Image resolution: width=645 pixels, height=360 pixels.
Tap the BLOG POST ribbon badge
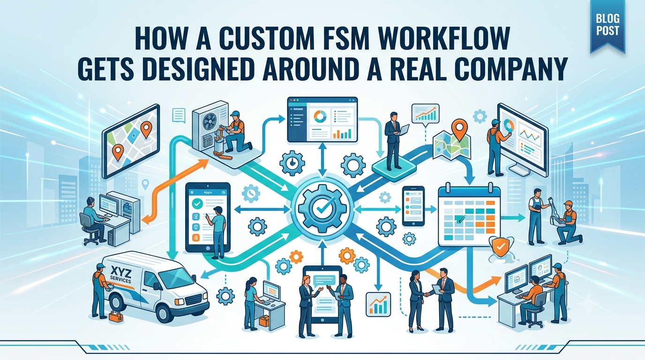[607, 25]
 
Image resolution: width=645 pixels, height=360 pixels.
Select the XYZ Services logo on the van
[120, 275]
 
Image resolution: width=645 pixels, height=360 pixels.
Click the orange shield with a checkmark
[501, 247]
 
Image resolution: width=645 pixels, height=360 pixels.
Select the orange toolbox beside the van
[116, 316]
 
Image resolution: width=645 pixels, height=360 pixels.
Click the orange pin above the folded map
[459, 129]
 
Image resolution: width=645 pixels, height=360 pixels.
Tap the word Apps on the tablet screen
[208, 192]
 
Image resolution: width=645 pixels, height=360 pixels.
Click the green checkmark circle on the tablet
[197, 203]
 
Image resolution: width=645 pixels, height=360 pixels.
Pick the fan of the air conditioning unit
[210, 121]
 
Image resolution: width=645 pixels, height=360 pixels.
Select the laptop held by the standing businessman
[404, 129]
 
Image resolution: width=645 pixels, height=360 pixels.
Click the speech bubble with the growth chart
[426, 115]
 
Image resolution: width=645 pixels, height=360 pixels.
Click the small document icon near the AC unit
[179, 115]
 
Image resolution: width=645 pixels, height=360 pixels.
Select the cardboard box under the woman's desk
[264, 321]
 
